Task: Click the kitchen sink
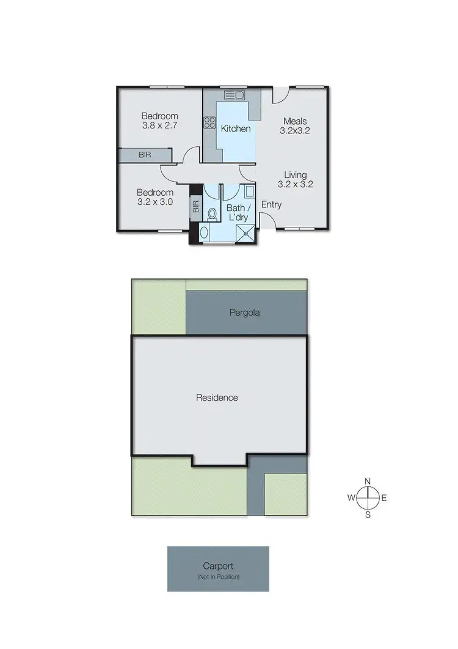click(234, 95)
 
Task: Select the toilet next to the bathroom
click(211, 214)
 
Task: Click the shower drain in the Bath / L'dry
click(247, 232)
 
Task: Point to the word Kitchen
click(235, 128)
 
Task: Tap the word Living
click(296, 175)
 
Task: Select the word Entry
click(272, 204)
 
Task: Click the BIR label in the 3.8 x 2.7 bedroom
click(145, 155)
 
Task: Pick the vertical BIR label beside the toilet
click(196, 207)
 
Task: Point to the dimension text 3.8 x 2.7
click(159, 125)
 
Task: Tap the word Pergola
click(245, 313)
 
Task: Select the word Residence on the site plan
click(217, 398)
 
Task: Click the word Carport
click(218, 566)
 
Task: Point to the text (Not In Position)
click(218, 577)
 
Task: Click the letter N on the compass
click(368, 481)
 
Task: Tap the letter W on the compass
click(352, 498)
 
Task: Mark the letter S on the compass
click(368, 514)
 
